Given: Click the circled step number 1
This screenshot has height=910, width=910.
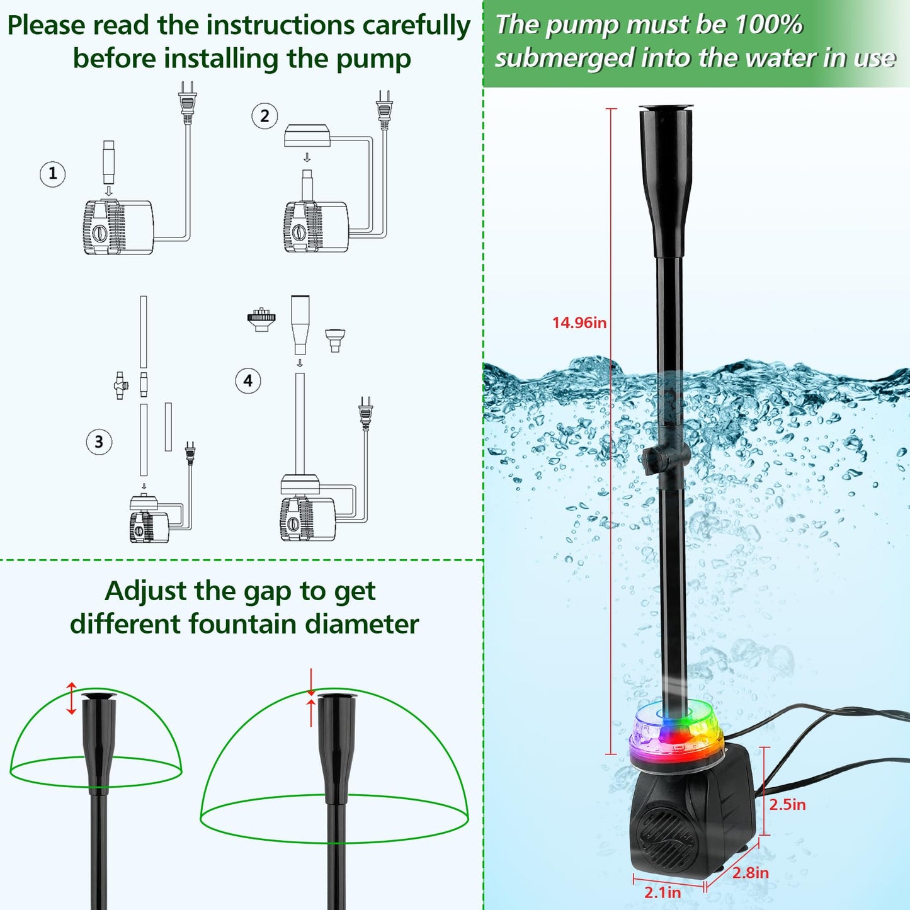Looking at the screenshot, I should [x=53, y=173].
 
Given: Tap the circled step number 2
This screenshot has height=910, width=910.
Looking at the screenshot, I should [x=264, y=117].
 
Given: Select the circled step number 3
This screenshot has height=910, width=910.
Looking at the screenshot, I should [x=99, y=442].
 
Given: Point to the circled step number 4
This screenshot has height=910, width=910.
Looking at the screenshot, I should [x=248, y=381].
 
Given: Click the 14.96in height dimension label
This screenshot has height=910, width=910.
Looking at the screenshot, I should [x=579, y=323].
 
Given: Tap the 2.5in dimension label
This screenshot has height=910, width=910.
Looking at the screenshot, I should [x=787, y=804].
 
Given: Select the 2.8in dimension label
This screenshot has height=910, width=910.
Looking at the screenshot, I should [x=750, y=872].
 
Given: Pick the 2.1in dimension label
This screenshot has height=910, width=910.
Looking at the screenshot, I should [x=663, y=892].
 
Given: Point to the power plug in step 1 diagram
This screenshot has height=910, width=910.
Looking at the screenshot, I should [x=187, y=101].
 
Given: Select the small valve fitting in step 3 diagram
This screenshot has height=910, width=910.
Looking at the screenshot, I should [x=120, y=385].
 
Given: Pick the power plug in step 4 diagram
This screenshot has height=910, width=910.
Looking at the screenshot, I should [x=365, y=413].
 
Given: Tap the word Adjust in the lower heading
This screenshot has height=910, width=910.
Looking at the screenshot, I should [x=145, y=591].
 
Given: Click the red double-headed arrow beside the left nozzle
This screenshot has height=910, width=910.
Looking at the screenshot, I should [x=71, y=698].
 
